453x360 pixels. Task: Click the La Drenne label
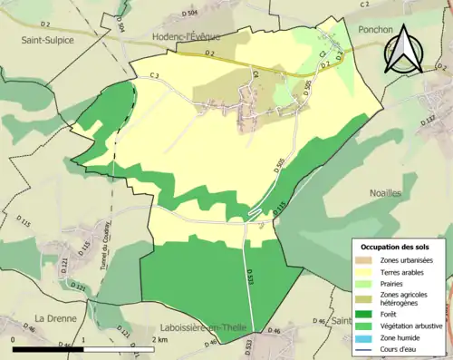53,317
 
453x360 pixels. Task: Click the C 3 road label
154,75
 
